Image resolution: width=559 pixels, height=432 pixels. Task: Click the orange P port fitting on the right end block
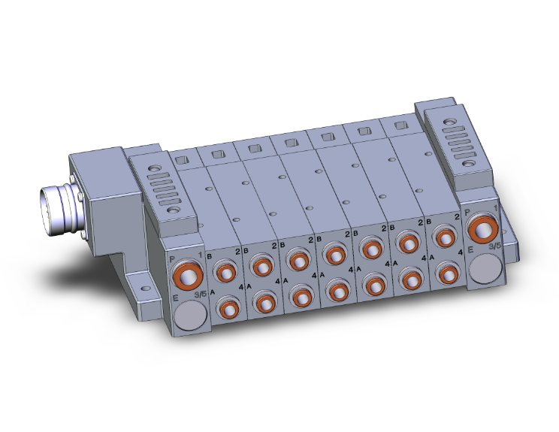(x=481, y=226)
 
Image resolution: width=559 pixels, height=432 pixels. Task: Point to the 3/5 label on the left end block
(x=199, y=295)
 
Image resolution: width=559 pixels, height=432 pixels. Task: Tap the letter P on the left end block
(x=172, y=258)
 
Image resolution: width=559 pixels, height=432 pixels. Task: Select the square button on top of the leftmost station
(x=181, y=159)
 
